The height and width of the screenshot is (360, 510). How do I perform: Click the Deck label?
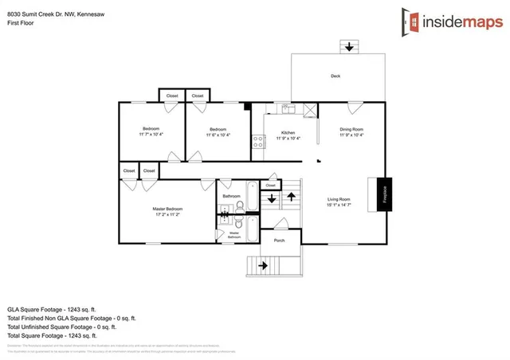click(335, 76)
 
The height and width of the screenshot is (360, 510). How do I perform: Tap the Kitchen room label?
click(288, 132)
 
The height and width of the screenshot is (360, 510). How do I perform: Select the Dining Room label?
click(351, 129)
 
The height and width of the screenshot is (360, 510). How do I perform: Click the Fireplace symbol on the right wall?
click(384, 193)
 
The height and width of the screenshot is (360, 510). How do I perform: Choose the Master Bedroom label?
click(167, 209)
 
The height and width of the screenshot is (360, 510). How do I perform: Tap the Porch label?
click(279, 240)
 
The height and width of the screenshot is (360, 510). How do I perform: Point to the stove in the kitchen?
click(258, 142)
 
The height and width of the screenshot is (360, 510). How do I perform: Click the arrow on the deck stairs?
click(348, 47)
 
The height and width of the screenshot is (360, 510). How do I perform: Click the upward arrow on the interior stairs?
click(292, 194)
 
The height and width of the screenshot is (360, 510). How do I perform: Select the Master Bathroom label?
click(234, 235)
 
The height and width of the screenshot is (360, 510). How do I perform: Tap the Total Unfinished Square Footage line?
click(61, 327)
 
